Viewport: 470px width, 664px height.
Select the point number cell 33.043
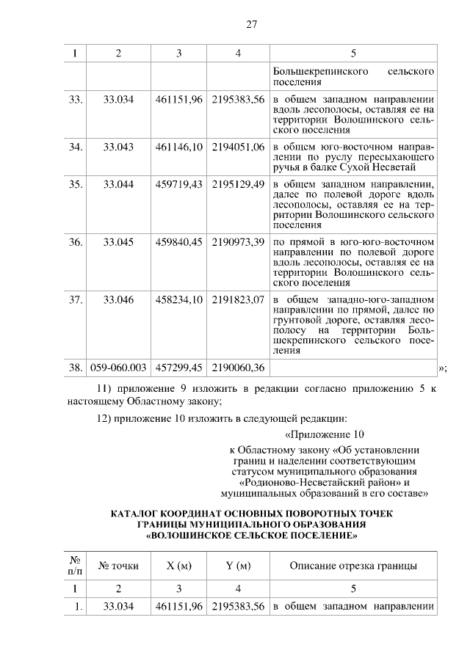(x=118, y=147)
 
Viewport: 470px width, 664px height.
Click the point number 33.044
(x=118, y=184)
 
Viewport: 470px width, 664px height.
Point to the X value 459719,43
(x=178, y=184)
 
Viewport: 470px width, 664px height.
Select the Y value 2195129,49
(x=238, y=184)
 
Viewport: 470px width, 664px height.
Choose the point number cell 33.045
(x=118, y=241)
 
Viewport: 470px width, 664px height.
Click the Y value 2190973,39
(x=238, y=241)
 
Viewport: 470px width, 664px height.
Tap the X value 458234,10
(x=178, y=299)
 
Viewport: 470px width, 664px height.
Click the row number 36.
(x=74, y=241)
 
